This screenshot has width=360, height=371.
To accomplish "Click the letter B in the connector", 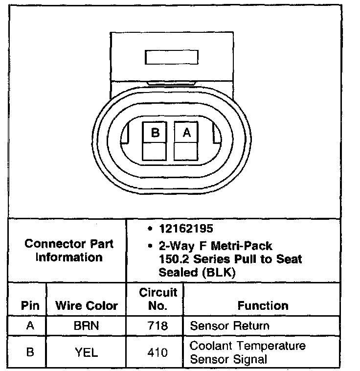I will pos(155,132).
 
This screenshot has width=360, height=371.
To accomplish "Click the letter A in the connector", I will pos(186,132).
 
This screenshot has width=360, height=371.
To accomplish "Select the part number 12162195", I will pos(179,229).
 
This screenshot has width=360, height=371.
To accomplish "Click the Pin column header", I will pos(29,306).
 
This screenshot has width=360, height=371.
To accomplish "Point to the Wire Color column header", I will pos(87,306).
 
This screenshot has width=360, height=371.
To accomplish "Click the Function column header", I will pos(263,306).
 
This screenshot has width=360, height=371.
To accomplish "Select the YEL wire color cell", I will pos(87,352).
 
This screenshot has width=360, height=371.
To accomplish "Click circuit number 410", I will pos(157,352).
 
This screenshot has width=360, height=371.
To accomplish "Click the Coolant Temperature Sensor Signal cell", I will pos(247,352).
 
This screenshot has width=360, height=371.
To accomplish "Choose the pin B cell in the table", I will pos(29,352).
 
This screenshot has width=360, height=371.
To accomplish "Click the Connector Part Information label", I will pos(69,250).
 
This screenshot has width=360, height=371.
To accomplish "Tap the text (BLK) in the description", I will pos(217,273).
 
